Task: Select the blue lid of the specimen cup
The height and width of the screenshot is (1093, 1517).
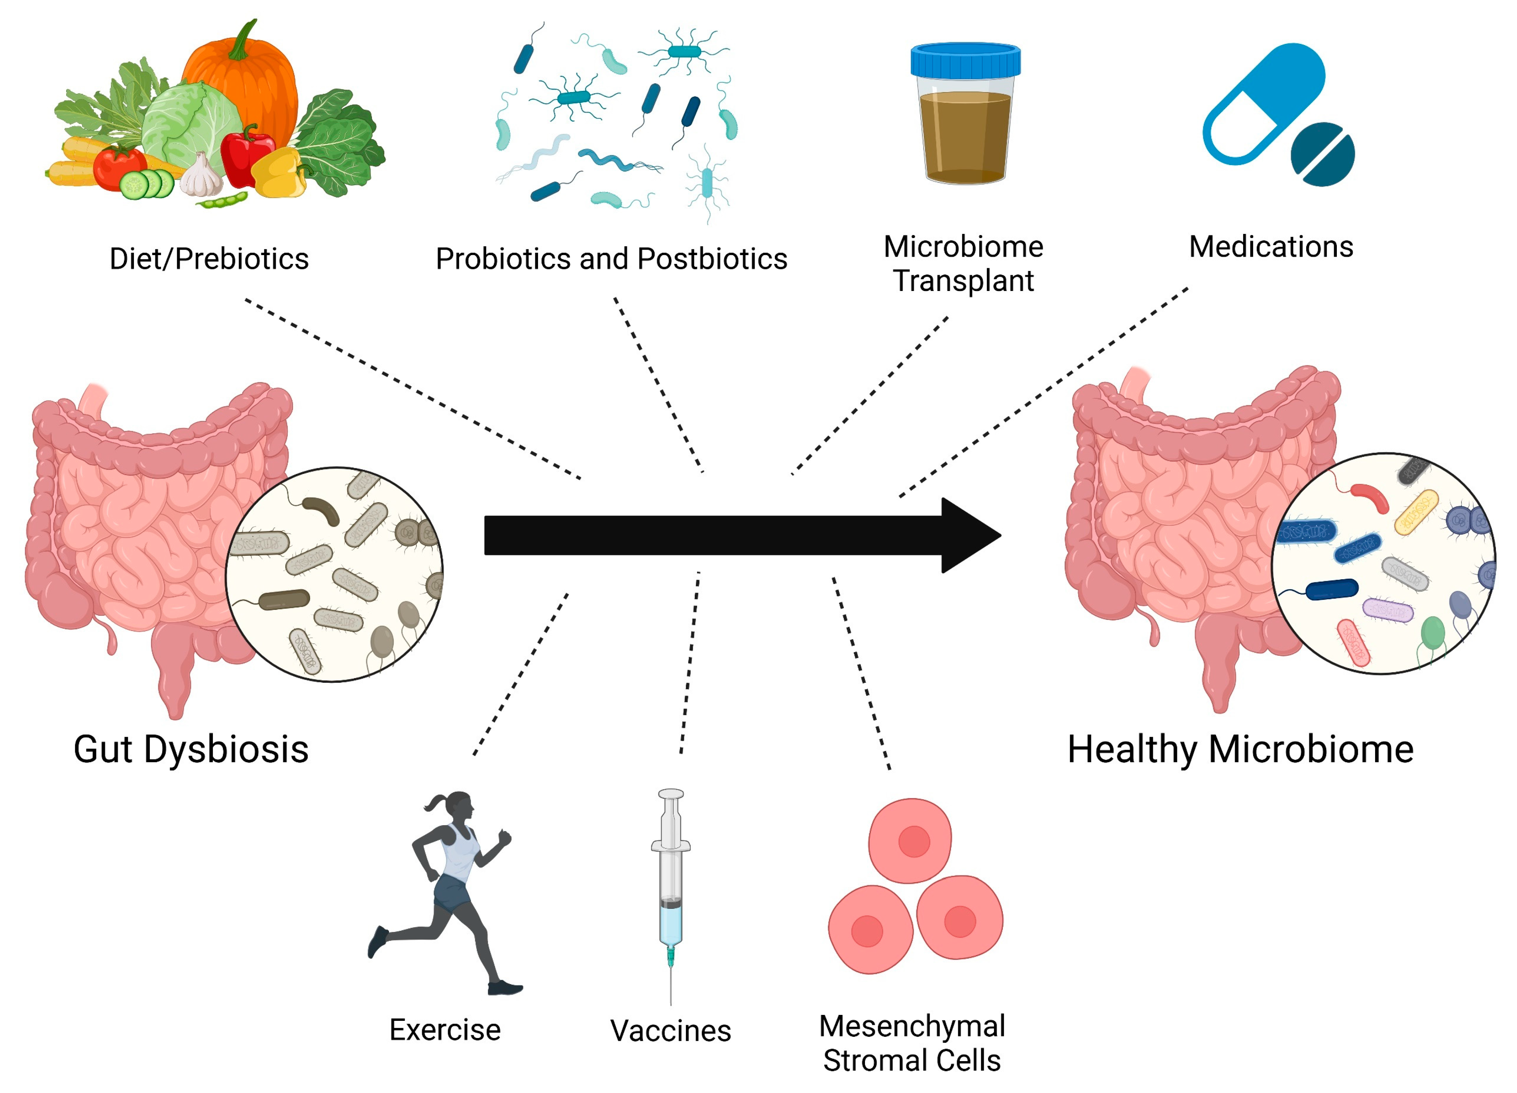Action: (965, 61)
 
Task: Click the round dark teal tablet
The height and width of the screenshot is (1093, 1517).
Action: (1322, 155)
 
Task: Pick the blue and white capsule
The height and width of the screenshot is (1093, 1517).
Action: (1264, 100)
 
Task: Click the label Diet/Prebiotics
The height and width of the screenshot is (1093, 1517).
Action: (209, 259)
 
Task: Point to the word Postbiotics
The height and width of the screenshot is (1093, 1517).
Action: (712, 259)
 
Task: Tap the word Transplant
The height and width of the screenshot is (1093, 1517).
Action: (964, 281)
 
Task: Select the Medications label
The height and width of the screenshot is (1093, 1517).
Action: (1271, 247)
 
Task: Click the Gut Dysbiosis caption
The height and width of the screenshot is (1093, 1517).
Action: (191, 749)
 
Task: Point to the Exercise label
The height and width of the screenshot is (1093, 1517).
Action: (445, 1030)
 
